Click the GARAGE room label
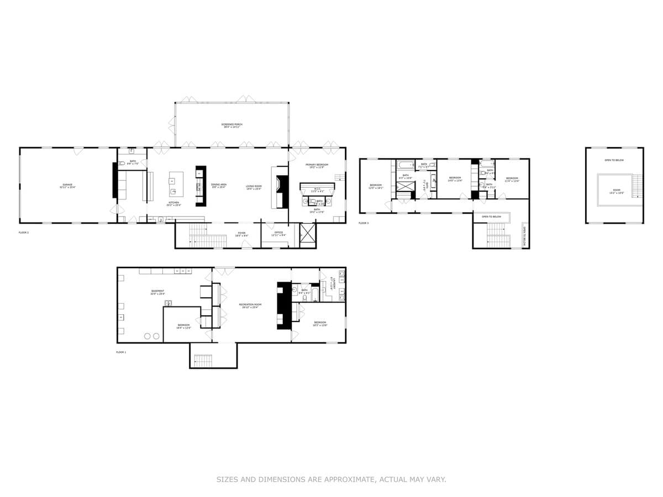66,185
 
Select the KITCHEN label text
174,203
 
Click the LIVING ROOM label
254,187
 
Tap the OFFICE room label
278,232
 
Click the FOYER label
241,233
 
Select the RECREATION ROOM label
250,304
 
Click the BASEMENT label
158,291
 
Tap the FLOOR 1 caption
121,352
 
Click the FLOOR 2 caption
24,232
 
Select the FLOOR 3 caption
363,223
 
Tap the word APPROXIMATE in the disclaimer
343,480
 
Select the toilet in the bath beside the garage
122,163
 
